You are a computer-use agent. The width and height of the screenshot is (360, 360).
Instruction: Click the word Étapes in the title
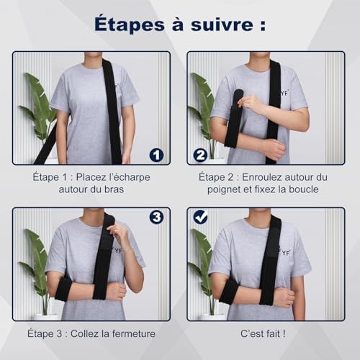click(130, 24)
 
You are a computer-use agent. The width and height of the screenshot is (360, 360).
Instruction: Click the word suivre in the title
click(222, 24)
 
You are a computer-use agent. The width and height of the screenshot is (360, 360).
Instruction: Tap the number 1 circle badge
click(156, 155)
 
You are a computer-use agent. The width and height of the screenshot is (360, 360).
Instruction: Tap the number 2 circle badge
click(200, 155)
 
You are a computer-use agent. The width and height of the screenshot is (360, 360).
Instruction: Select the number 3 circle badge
click(156, 217)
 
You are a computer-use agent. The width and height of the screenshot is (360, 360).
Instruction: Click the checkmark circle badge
click(200, 217)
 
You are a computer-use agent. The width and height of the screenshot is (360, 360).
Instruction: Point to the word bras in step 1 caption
click(114, 189)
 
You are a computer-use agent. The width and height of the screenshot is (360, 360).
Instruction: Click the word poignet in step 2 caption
click(224, 189)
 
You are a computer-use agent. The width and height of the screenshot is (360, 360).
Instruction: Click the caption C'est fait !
click(263, 333)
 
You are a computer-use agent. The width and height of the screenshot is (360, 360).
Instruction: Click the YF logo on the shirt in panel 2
click(285, 93)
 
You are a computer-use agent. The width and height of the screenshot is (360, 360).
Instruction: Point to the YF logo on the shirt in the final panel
click(286, 253)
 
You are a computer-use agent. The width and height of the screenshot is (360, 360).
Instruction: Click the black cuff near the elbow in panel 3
click(63, 289)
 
